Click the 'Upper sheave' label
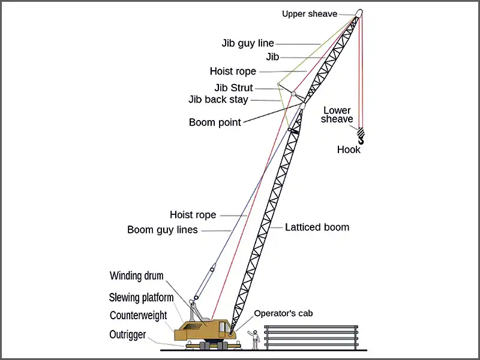[x=310, y=14]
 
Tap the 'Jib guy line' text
[x=248, y=43]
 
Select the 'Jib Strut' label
[x=234, y=88]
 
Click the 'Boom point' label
[x=215, y=122]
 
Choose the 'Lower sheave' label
[x=337, y=115]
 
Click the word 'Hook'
[x=349, y=149]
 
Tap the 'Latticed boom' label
[x=317, y=227]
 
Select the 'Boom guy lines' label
[x=163, y=230]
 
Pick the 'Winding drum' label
[x=137, y=276]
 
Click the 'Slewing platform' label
[x=141, y=298]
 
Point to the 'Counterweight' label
[x=139, y=316]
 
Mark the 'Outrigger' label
[x=128, y=335]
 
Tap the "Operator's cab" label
[x=283, y=313]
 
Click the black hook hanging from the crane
[x=361, y=137]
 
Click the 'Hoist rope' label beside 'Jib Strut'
[x=233, y=71]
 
